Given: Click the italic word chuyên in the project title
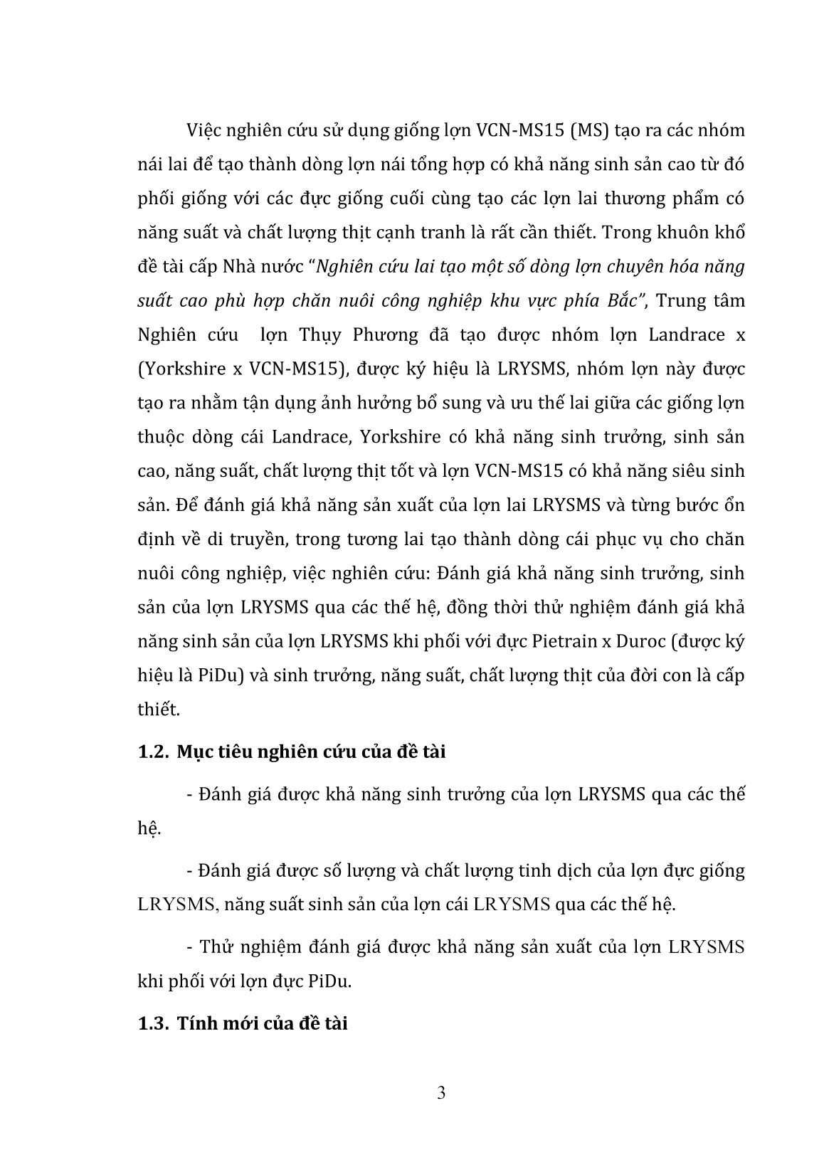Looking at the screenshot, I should click(x=604, y=267).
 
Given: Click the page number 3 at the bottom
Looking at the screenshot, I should click(x=441, y=1093).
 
